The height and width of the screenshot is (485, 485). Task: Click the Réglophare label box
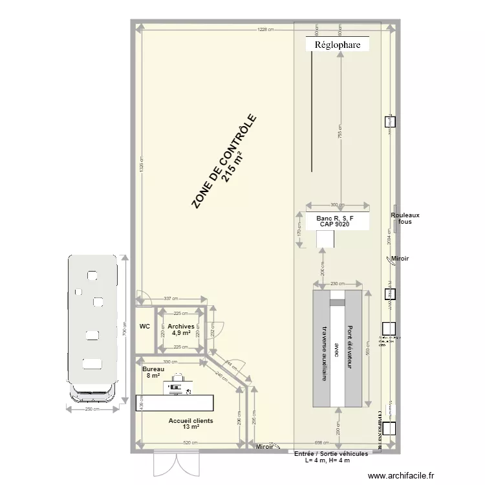[338, 45]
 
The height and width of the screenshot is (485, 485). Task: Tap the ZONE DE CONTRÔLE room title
[226, 162]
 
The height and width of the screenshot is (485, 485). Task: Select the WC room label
[144, 327]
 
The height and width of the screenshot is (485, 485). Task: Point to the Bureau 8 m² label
[153, 372]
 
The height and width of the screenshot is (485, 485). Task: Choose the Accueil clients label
[191, 424]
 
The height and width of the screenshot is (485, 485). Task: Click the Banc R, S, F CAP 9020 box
[336, 221]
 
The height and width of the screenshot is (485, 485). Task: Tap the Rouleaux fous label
[405, 219]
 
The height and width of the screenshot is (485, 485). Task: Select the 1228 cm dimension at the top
[264, 30]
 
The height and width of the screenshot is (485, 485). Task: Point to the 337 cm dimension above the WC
[169, 299]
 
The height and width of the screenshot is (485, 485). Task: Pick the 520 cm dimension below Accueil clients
[189, 443]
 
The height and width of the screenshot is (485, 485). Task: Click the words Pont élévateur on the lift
[350, 347]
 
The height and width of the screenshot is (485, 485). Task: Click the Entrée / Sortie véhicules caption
[331, 454]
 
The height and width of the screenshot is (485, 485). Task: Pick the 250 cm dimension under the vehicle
[92, 409]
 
